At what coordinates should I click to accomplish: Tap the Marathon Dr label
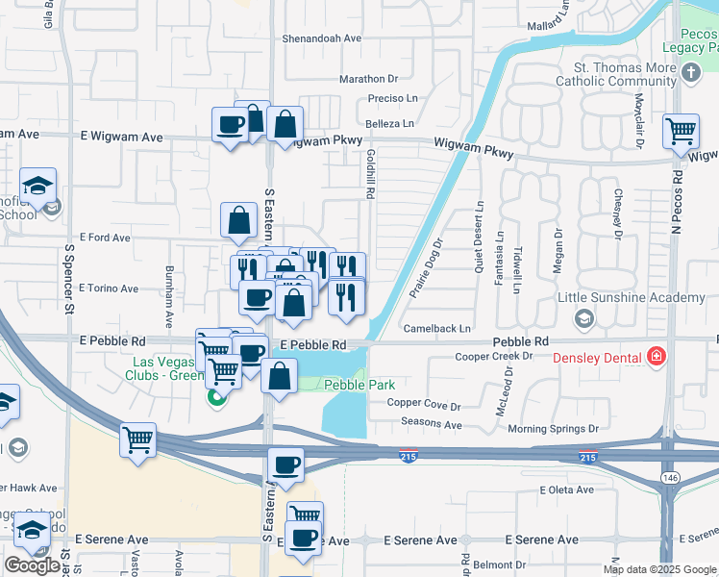368,79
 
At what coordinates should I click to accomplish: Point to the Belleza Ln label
389,123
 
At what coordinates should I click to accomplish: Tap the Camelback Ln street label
437,328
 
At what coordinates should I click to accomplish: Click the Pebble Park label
359,385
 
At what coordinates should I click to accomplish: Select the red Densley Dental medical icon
657,358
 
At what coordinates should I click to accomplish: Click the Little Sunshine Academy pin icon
583,317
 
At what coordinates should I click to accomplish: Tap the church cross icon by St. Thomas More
690,73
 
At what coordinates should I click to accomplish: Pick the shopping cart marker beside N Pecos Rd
681,131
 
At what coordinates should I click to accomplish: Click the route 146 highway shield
666,477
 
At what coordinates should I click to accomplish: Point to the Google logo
32,565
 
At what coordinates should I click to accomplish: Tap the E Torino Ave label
109,288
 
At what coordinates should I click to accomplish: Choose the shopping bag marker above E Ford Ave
238,220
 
